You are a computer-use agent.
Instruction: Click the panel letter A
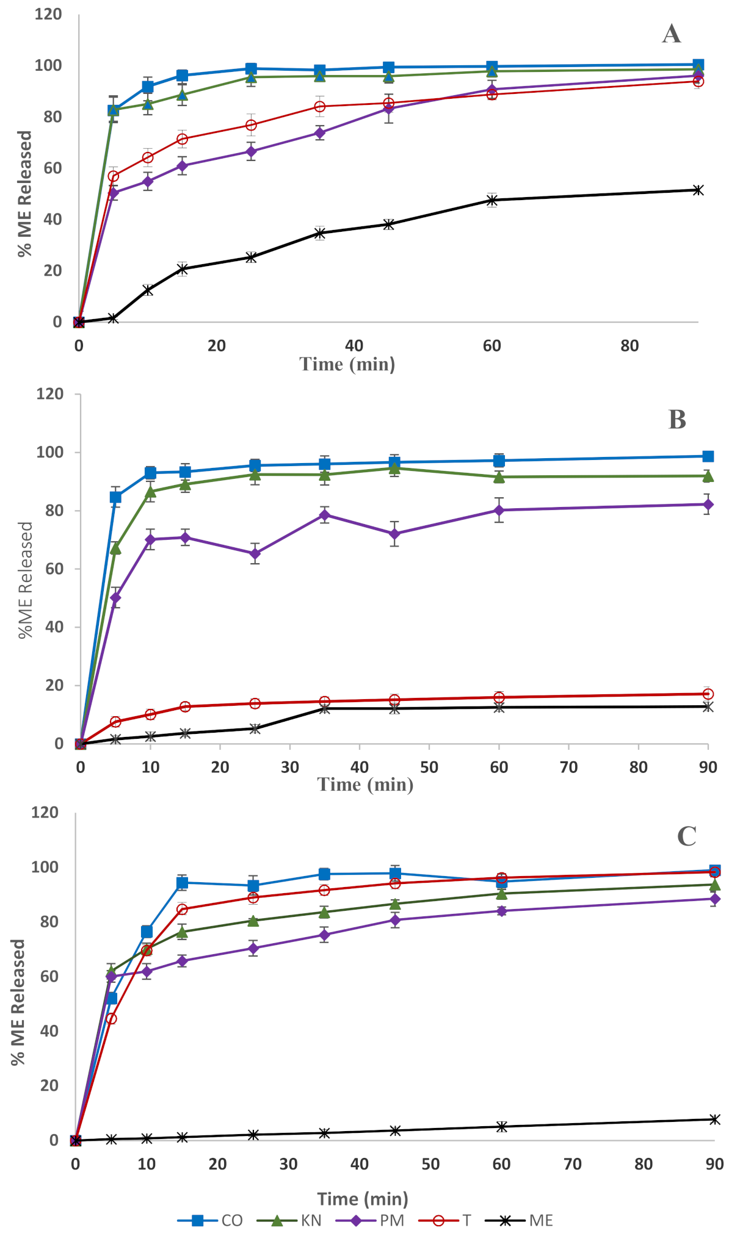[x=672, y=34]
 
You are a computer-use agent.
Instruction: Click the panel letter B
[x=677, y=420]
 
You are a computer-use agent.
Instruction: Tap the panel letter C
[x=686, y=836]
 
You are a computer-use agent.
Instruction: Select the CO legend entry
[x=211, y=1220]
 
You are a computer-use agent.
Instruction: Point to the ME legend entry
[x=519, y=1220]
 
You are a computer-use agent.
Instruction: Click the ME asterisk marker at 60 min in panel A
[x=492, y=200]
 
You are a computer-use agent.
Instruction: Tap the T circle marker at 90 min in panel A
[x=698, y=81]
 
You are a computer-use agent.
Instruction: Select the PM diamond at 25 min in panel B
[x=255, y=554]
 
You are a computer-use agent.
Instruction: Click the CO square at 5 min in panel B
[x=115, y=497]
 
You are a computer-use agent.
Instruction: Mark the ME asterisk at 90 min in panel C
[x=715, y=1119]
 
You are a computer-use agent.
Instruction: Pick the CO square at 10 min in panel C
[x=147, y=932]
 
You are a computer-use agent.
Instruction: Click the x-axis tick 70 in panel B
[x=568, y=767]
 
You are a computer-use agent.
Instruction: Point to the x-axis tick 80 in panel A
[x=629, y=346]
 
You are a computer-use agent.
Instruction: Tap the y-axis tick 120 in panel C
[x=45, y=813]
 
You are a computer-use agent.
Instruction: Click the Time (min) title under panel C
[x=363, y=1199]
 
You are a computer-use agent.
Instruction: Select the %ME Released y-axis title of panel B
[x=26, y=580]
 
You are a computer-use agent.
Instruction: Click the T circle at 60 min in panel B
[x=499, y=697]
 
